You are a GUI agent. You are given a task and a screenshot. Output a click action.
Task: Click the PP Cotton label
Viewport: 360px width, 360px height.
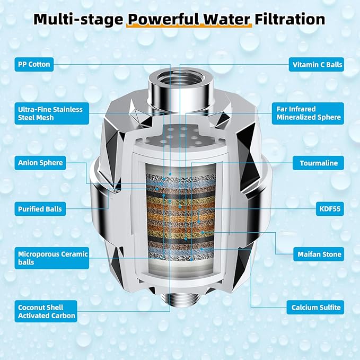click(x=34, y=64)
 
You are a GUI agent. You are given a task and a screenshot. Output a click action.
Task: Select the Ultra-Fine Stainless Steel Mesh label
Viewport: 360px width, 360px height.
click(x=51, y=113)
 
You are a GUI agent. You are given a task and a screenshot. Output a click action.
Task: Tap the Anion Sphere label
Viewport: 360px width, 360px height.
click(x=40, y=163)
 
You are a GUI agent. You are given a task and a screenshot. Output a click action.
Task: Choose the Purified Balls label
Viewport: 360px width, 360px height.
click(x=40, y=209)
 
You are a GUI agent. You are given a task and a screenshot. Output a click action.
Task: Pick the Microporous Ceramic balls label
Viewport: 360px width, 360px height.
click(x=51, y=258)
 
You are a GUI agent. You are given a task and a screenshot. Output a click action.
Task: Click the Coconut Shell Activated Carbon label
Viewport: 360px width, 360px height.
click(x=46, y=311)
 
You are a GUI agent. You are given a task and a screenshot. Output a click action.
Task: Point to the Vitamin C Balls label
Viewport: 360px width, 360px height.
click(x=317, y=65)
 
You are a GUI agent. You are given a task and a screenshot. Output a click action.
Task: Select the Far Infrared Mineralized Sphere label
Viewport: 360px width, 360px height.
click(x=308, y=113)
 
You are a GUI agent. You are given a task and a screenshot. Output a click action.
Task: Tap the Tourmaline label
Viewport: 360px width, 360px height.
click(x=318, y=163)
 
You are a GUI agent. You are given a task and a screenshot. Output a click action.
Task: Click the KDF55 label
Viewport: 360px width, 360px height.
click(x=330, y=209)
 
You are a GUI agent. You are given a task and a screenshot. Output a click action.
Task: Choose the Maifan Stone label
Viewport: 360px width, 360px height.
click(x=319, y=254)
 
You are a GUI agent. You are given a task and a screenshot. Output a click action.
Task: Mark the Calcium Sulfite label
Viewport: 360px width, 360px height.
click(x=315, y=308)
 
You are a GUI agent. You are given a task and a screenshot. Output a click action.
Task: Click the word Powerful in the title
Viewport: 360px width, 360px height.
click(x=163, y=19)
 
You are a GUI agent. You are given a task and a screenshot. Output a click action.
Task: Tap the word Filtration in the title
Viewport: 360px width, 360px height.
click(x=289, y=19)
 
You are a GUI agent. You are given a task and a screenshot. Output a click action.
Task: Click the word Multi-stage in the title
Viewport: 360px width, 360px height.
click(x=78, y=20)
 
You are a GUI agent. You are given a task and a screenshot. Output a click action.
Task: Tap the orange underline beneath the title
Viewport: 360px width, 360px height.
click(x=189, y=25)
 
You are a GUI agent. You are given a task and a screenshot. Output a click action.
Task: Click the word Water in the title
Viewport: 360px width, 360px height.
click(x=226, y=19)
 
